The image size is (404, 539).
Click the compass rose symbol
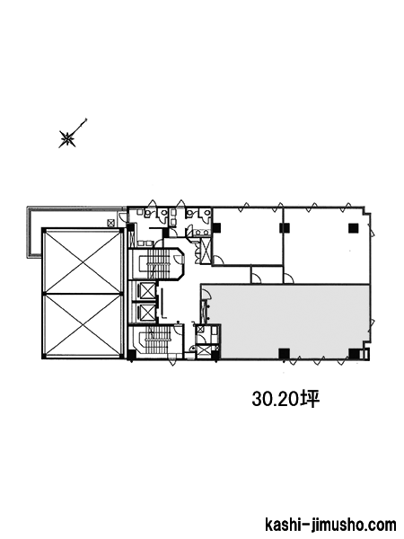point(67,139)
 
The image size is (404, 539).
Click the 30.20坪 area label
point(285,400)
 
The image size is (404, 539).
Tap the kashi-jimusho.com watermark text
point(330,526)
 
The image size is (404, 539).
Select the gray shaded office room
point(292,322)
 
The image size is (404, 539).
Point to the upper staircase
point(155,263)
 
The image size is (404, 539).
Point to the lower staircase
point(155,340)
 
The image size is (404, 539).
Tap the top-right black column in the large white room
point(353,228)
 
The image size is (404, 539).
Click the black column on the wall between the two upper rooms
point(284,228)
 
